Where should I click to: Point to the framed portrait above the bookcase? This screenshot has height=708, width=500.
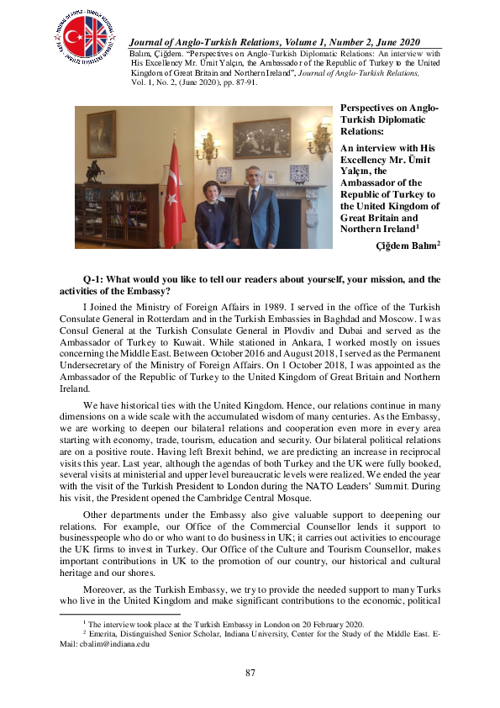click(101, 134)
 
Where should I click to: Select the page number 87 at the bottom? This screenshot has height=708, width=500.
click(250, 673)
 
